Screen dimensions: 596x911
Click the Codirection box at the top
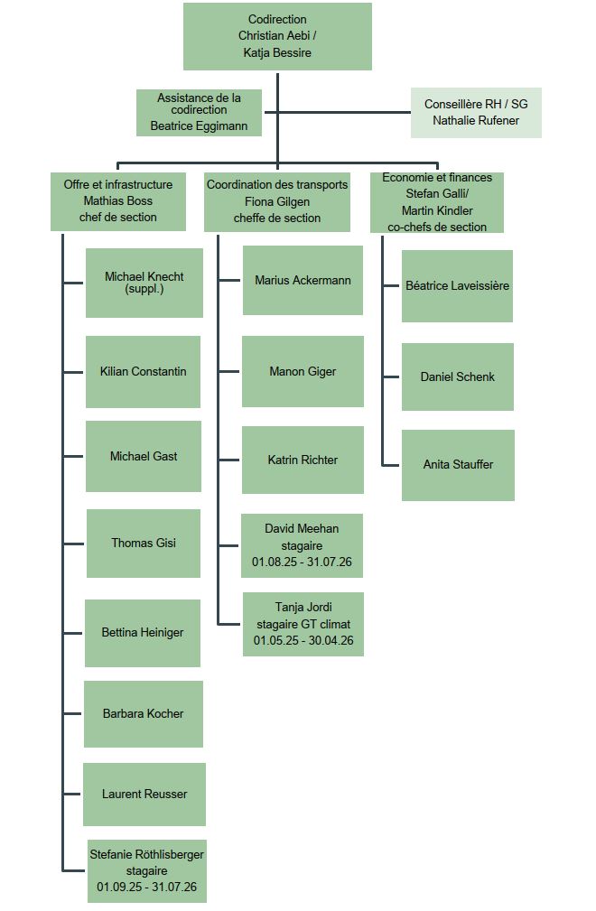point(277,36)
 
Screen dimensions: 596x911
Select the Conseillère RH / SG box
point(476,113)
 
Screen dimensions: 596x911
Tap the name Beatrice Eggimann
point(199,126)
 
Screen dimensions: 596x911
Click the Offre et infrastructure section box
point(118,201)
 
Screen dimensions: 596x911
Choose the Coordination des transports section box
point(277,201)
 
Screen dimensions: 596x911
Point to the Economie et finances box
point(437,202)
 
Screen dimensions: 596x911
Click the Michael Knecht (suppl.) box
point(144,283)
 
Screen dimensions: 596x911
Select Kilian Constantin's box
point(143,372)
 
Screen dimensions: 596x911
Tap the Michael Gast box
point(144,457)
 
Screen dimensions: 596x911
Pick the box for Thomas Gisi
point(144,544)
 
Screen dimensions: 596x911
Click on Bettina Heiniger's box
point(143,633)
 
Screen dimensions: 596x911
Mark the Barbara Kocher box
point(144,714)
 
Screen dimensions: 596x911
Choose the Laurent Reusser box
point(144,795)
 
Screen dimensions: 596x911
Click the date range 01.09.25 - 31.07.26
point(146,888)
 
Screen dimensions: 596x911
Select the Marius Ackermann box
point(303,280)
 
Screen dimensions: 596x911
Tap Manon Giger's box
point(303,371)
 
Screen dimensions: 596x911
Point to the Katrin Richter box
point(303,460)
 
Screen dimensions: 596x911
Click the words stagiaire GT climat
point(303,625)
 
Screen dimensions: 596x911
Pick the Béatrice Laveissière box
point(457,286)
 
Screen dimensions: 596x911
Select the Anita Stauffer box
point(458,465)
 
